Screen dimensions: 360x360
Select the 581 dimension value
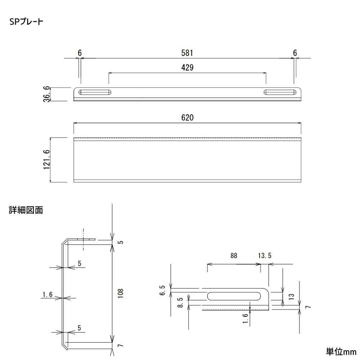187,53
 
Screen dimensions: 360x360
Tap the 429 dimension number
187,68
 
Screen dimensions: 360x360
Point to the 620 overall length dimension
187,118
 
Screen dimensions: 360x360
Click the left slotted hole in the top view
95,92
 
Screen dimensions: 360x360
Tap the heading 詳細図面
26,210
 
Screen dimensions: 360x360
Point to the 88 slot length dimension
234,256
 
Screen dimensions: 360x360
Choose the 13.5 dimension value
265,256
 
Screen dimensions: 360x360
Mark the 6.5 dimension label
162,291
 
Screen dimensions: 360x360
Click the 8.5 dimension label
180,302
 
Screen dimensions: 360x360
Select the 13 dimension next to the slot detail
292,297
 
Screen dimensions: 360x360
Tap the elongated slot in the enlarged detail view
234,296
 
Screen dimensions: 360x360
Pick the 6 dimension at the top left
80,53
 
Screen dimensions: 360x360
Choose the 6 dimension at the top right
295,53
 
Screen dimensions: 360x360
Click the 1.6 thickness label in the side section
47,295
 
